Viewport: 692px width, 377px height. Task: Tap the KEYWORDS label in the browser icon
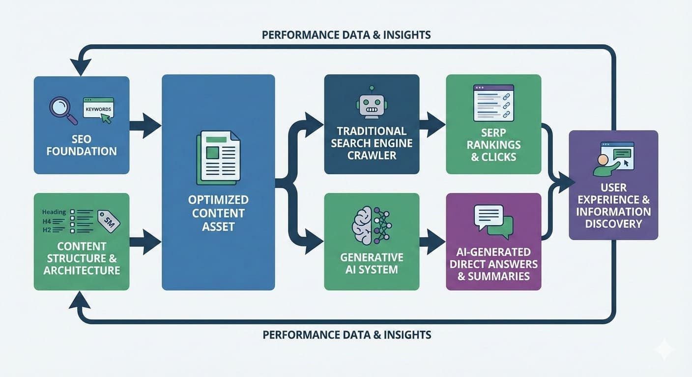click(98, 109)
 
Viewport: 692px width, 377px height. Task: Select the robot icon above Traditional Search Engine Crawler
click(372, 103)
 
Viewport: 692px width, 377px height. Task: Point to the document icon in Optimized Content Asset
click(218, 158)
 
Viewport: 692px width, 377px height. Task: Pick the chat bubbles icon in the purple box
click(493, 220)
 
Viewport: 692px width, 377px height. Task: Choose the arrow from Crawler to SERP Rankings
click(432, 125)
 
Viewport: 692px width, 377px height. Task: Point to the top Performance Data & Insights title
click(346, 35)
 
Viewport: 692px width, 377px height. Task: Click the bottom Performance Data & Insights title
click(346, 335)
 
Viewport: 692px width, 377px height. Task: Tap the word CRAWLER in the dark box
click(372, 156)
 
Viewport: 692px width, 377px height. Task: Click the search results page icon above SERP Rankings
click(493, 103)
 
